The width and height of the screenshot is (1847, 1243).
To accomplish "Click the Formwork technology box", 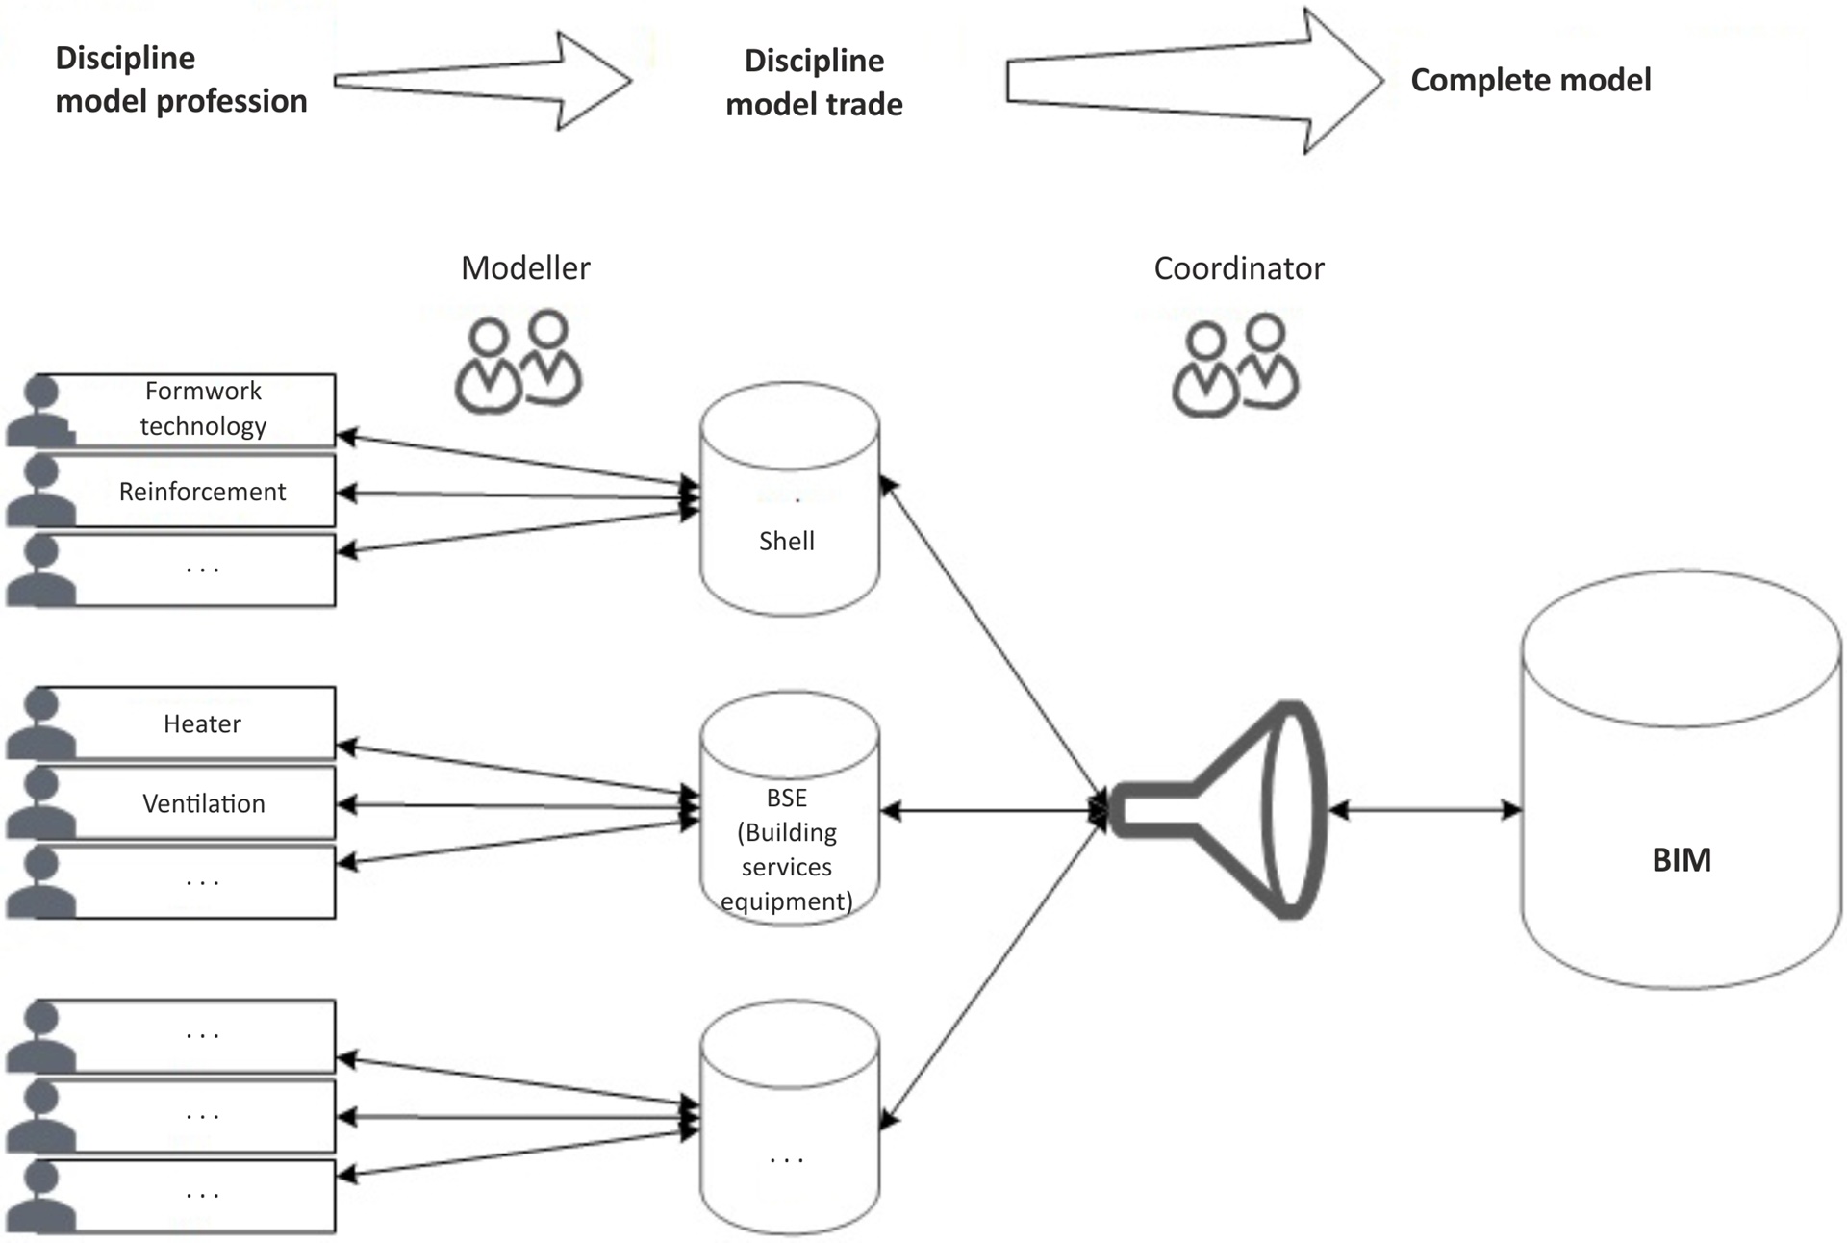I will [202, 409].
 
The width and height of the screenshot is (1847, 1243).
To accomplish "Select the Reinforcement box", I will [202, 492].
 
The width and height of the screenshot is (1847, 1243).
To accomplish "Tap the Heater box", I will [202, 723].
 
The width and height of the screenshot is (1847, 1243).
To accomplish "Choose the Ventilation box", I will [202, 803].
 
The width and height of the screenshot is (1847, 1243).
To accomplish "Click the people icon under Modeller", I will [519, 363].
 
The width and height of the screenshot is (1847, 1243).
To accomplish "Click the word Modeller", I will [525, 268].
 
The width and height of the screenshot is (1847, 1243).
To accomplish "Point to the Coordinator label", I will [1238, 268].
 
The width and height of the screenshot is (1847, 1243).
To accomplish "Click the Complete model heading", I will [1531, 80].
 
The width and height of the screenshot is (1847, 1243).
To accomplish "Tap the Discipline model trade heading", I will [814, 83].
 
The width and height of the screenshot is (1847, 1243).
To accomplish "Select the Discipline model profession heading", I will [181, 80].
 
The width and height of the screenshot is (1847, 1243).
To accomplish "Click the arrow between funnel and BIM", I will [1426, 810].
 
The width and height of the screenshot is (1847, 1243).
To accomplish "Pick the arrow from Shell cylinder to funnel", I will [991, 645].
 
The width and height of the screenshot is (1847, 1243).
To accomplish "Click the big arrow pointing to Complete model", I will [1193, 81].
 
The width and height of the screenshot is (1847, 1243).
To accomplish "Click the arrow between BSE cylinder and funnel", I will [991, 811].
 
